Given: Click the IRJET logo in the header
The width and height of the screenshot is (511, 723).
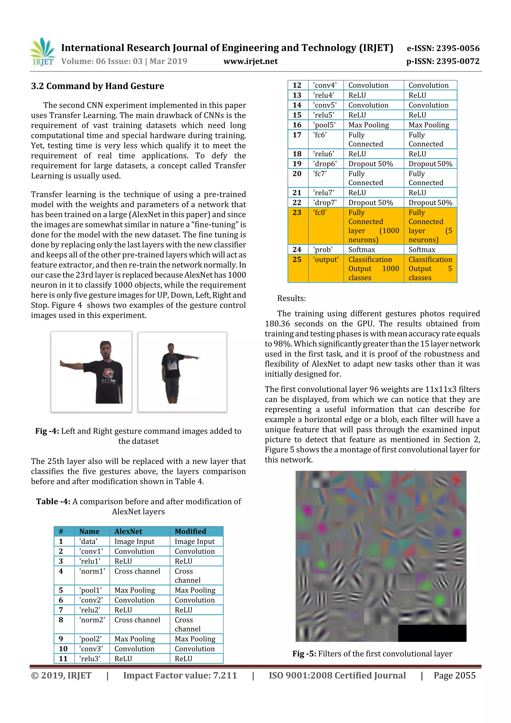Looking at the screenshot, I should click(42, 52).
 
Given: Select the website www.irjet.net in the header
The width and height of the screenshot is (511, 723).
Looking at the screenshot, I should click(250, 61).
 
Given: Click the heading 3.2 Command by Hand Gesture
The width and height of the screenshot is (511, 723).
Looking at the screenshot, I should click(97, 86).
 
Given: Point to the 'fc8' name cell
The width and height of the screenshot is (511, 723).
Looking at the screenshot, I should click(320, 213).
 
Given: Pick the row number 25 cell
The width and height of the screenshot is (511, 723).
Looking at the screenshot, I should click(297, 260).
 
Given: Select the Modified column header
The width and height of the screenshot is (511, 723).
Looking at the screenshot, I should click(190, 531).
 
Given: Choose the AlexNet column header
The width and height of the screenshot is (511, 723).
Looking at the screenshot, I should click(128, 531).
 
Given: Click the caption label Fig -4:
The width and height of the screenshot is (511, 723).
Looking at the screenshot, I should click(47, 431).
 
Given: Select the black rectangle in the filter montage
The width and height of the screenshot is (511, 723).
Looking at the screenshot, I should click(432, 633).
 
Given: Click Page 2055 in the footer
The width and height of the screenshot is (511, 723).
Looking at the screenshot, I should click(454, 675).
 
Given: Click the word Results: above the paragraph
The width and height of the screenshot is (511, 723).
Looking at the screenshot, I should click(291, 298).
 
